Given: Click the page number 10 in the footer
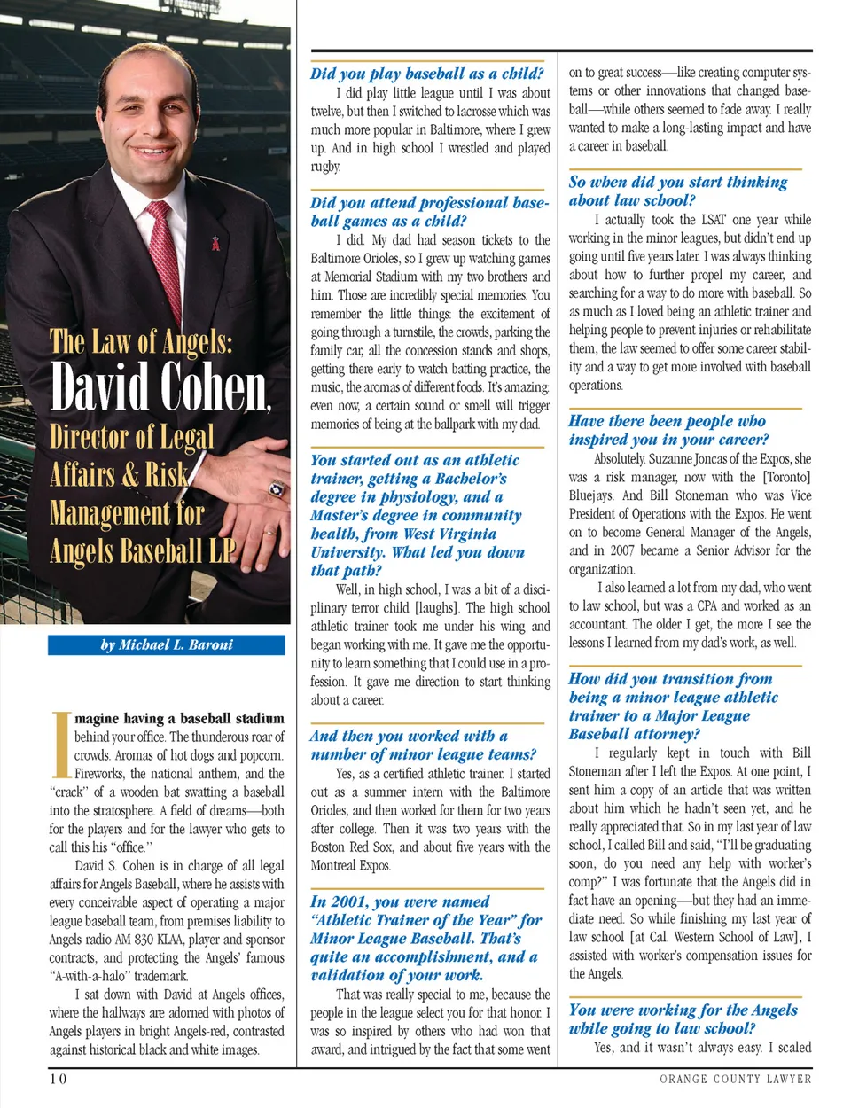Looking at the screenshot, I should pyautogui.click(x=58, y=1078).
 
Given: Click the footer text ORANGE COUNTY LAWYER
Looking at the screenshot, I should pyautogui.click(x=735, y=1079).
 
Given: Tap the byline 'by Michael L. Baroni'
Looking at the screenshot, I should pyautogui.click(x=167, y=644).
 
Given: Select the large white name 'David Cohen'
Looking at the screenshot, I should pyautogui.click(x=160, y=387).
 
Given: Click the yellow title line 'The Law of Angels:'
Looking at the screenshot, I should pyautogui.click(x=141, y=341).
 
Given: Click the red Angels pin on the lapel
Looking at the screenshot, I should pyautogui.click(x=215, y=242).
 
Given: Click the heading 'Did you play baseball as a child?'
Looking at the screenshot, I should pyautogui.click(x=426, y=74).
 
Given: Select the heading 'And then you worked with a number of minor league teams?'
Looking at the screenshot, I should pyautogui.click(x=424, y=745).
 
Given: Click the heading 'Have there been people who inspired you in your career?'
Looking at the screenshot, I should pyautogui.click(x=668, y=430).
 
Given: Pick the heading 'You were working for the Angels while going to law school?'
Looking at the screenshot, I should pyautogui.click(x=683, y=1018).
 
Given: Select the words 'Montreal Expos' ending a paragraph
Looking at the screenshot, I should pyautogui.click(x=350, y=865).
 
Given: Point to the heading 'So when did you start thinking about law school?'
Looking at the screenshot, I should pyautogui.click(x=678, y=191).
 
